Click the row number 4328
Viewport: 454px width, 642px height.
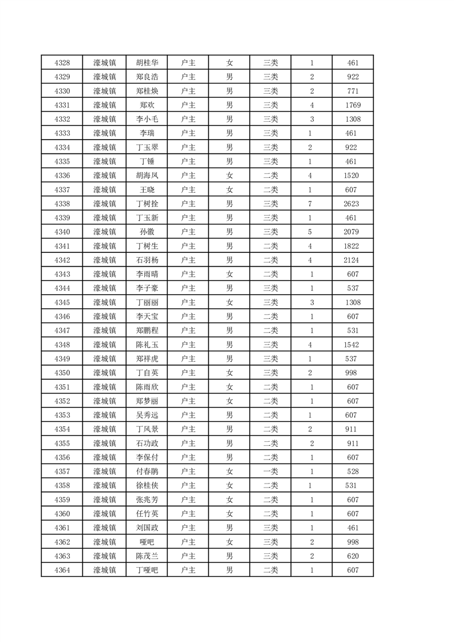(62, 63)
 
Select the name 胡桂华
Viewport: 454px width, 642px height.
(147, 63)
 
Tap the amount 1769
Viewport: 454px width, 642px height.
(353, 105)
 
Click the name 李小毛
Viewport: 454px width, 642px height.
(147, 119)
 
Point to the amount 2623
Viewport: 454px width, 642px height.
(353, 204)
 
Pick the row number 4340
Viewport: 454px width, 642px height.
(62, 232)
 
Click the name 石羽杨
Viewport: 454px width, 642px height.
(147, 260)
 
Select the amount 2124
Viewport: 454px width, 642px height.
(353, 260)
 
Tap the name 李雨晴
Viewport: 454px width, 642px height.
(147, 274)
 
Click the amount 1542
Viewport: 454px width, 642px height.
(353, 344)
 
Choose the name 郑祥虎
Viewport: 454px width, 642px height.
(147, 359)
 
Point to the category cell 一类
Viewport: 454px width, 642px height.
(270, 471)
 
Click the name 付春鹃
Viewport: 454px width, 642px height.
(147, 471)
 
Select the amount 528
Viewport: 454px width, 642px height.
(353, 471)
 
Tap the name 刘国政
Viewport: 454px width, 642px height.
(147, 528)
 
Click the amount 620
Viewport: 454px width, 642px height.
(353, 556)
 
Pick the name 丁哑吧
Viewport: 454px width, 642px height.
(147, 570)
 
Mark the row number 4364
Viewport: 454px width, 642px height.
(62, 570)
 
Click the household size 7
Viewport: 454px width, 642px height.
(311, 204)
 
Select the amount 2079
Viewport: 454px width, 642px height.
(353, 232)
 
